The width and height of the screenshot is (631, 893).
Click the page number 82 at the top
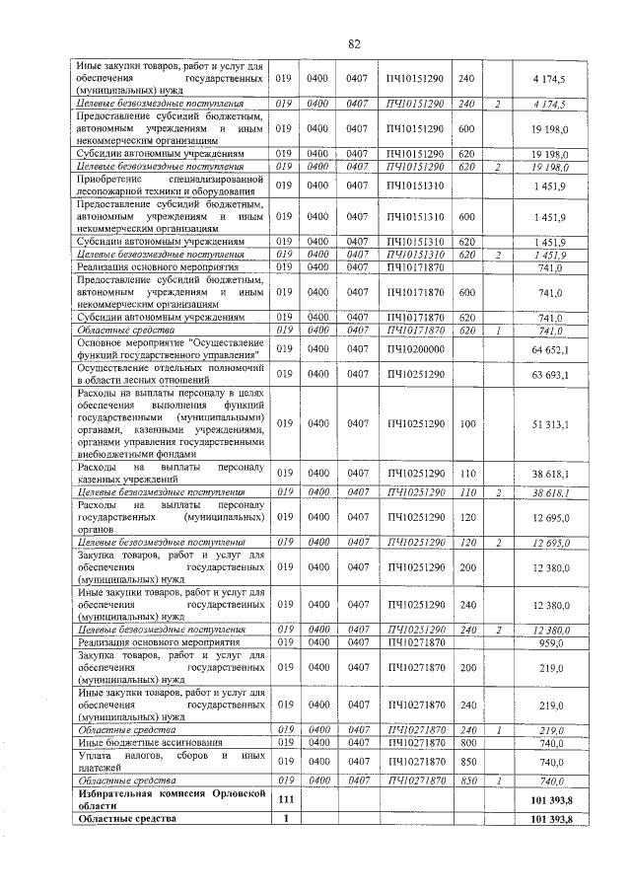click(x=355, y=44)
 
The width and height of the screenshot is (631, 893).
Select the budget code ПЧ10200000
click(x=416, y=349)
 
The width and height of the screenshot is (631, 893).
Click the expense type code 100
click(x=467, y=423)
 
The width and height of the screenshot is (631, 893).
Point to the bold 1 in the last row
click(x=286, y=818)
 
